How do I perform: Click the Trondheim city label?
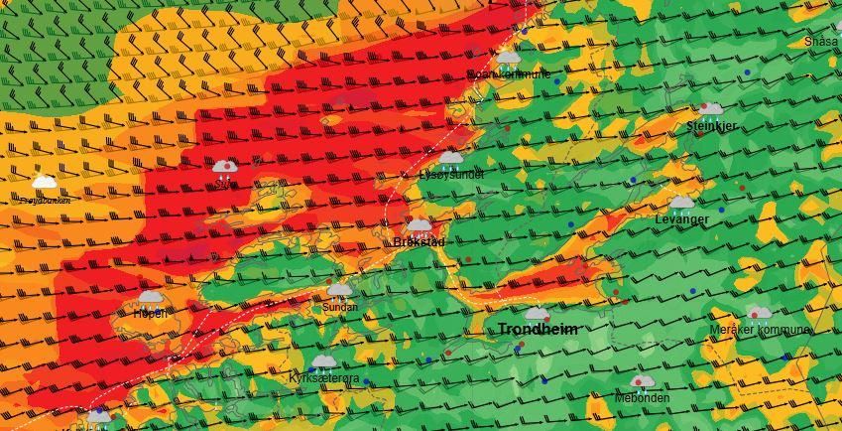point(537,329)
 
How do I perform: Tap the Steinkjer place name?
point(711,127)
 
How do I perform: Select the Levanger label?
point(681,218)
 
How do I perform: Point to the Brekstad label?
point(419,242)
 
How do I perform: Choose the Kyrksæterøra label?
point(323,378)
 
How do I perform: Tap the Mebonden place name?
point(642,398)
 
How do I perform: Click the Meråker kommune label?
point(760,330)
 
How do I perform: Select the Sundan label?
point(340,308)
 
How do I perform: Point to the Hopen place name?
point(151,313)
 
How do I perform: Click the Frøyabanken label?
point(45,200)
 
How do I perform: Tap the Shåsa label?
point(821,42)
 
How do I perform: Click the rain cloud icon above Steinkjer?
point(711,108)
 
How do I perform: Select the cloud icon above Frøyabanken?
point(45,182)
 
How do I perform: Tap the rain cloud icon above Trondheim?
point(537,313)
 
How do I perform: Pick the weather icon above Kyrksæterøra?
point(323,361)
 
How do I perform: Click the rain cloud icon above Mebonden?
point(642,381)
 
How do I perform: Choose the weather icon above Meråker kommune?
point(759,314)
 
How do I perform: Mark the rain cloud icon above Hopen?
point(151,297)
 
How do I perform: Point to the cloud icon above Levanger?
point(681,202)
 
